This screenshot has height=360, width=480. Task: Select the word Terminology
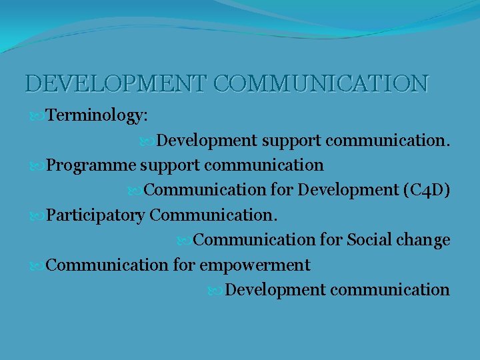tap(97, 116)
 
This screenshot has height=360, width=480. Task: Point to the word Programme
tap(91, 165)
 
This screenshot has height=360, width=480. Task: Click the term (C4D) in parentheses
tap(427, 190)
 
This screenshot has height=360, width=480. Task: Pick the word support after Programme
tap(167, 165)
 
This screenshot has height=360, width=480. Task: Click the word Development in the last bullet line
tap(275, 290)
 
